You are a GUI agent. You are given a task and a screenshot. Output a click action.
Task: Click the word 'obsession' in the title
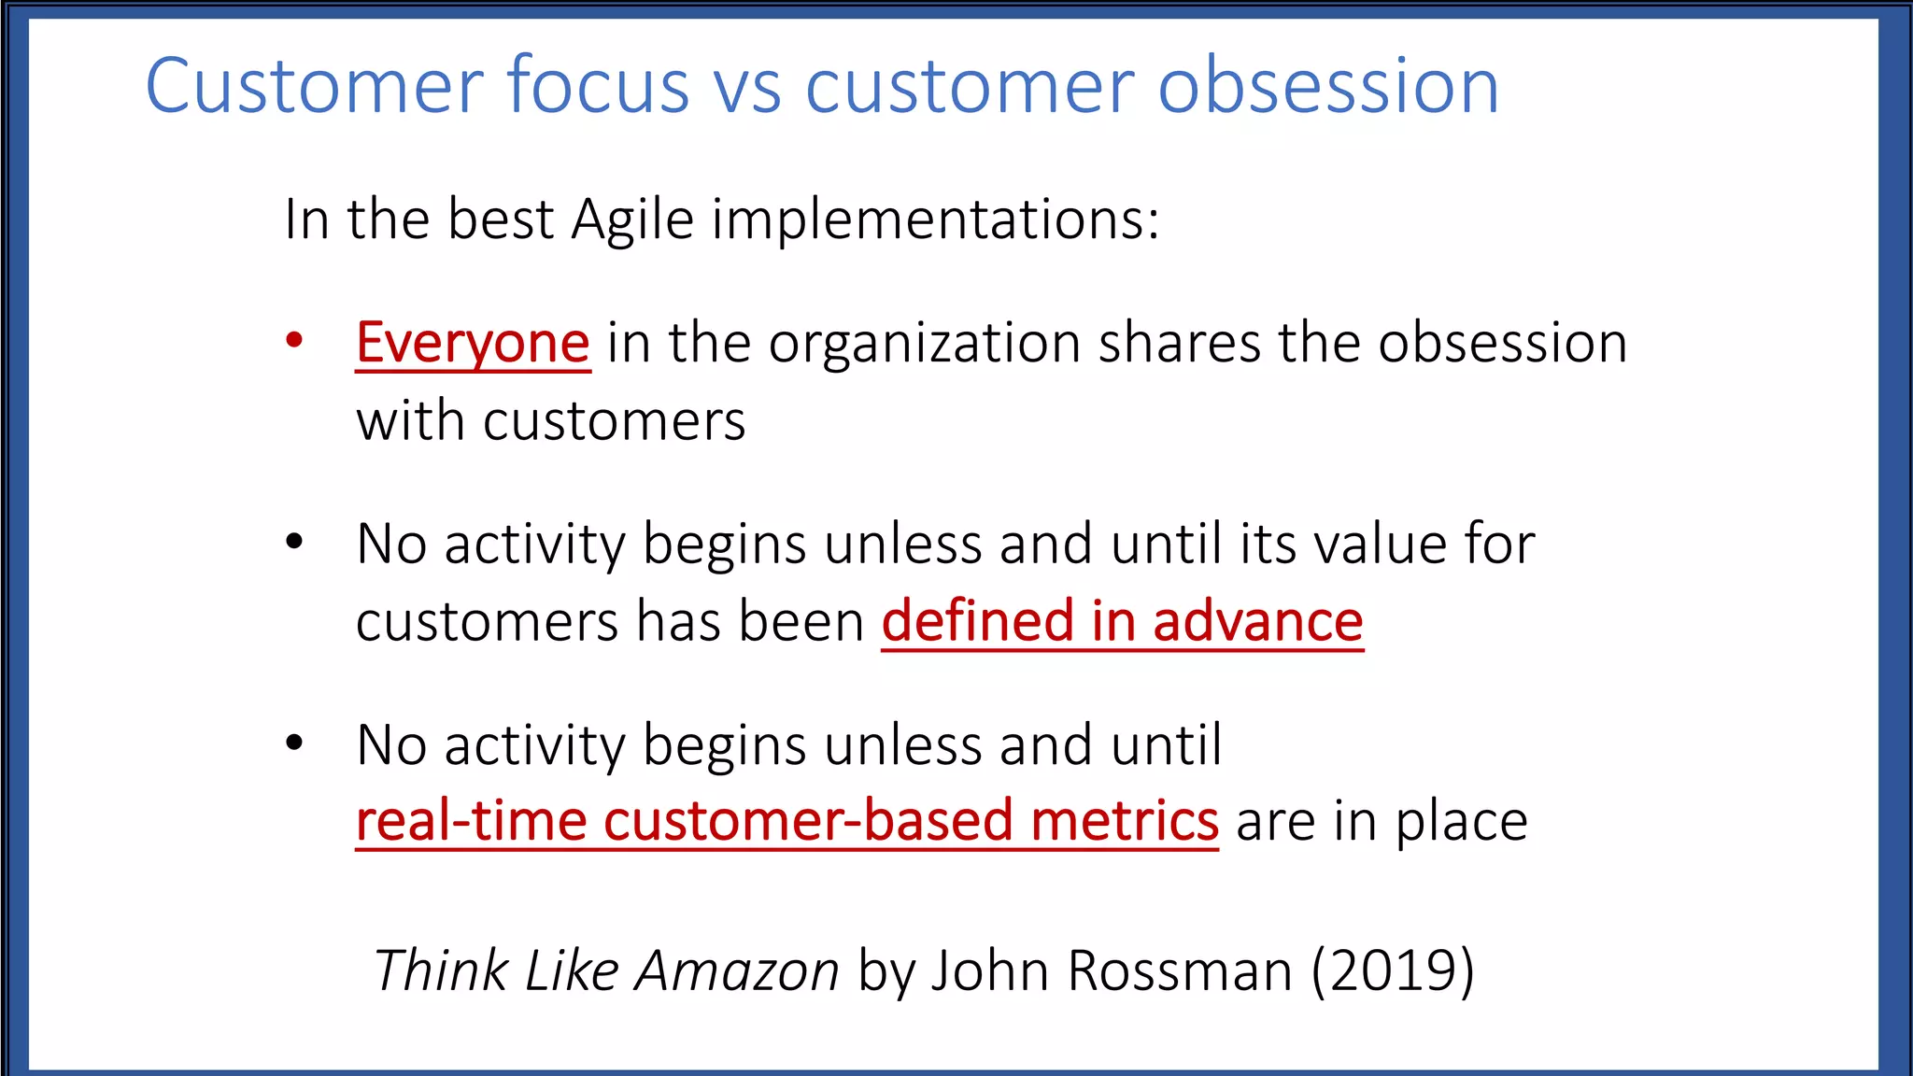tap(1328, 86)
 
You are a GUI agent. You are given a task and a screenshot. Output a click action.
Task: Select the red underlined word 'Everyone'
tap(473, 343)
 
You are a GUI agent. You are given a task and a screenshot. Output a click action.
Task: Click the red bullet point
tap(294, 340)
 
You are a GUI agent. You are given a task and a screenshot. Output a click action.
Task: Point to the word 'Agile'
tap(632, 221)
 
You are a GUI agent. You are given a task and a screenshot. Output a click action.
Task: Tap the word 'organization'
tap(924, 343)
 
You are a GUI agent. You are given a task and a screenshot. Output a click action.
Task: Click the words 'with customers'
tap(551, 421)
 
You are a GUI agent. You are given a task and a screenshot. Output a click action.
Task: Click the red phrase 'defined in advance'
tap(1122, 622)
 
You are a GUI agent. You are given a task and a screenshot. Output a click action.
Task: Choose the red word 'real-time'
tap(472, 821)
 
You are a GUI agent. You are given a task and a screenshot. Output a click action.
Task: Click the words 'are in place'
tap(1382, 821)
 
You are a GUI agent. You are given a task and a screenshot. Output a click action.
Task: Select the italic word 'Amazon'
tap(737, 970)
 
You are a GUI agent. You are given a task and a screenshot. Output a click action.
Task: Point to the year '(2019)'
tap(1392, 970)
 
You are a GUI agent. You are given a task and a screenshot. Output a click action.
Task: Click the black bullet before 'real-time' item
tap(294, 743)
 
